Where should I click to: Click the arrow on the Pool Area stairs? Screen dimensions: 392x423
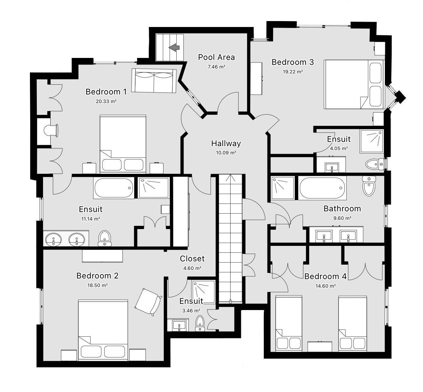pyautogui.click(x=174, y=48)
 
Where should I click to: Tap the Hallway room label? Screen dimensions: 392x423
pyautogui.click(x=226, y=144)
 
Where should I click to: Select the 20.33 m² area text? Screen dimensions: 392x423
pyautogui.click(x=106, y=101)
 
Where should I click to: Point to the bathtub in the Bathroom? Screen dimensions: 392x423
pyautogui.click(x=323, y=188)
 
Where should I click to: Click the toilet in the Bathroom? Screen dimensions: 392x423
pyautogui.click(x=368, y=186)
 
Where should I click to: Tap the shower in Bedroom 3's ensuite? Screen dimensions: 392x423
pyautogui.click(x=371, y=141)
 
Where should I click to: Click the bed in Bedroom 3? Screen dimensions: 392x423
pyautogui.click(x=354, y=84)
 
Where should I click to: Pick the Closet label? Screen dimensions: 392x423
pyautogui.click(x=192, y=259)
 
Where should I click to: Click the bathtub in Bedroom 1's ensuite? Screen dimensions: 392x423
pyautogui.click(x=113, y=188)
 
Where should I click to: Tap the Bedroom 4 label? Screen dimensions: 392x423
pyautogui.click(x=325, y=276)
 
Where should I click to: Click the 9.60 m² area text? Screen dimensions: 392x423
pyautogui.click(x=342, y=218)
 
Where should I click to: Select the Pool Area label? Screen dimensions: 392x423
pyautogui.click(x=216, y=57)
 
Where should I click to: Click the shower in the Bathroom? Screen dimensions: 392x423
pyautogui.click(x=283, y=188)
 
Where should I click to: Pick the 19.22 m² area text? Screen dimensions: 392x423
pyautogui.click(x=293, y=71)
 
